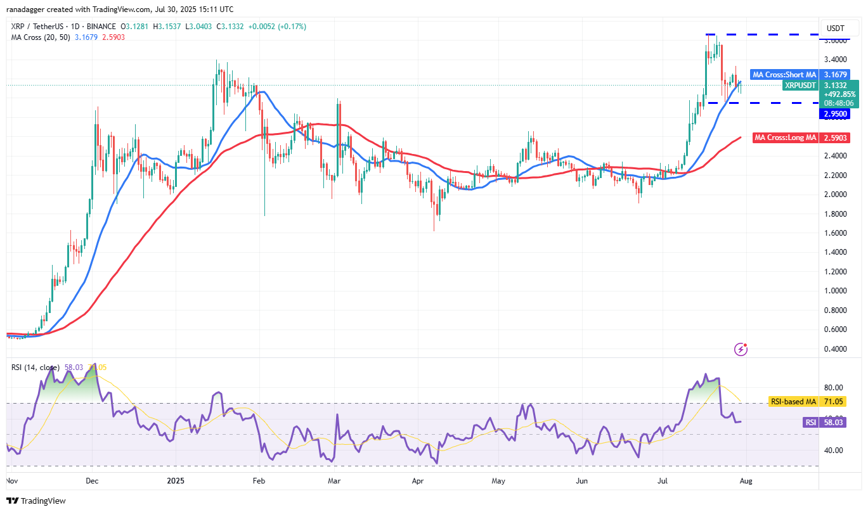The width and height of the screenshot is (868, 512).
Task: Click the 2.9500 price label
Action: tap(835, 114)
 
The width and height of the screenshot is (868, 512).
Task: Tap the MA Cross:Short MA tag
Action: tap(783, 75)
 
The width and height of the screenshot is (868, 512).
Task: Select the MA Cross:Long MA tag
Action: tap(784, 138)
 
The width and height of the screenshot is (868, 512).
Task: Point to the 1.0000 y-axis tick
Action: tap(835, 291)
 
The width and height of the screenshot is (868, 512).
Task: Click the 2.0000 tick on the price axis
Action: tap(835, 194)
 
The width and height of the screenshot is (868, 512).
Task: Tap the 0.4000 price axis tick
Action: tap(835, 349)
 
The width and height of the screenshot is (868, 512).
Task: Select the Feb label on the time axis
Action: tap(258, 481)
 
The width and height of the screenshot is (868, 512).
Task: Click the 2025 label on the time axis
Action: tap(174, 481)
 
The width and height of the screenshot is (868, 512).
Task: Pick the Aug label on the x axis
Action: tap(746, 481)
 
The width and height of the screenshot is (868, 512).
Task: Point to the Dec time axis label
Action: tap(92, 481)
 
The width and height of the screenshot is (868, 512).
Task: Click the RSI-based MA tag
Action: tap(793, 401)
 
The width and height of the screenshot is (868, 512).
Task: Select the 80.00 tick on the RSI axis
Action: tap(833, 388)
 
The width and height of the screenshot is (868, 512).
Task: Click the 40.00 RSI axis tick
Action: tap(833, 451)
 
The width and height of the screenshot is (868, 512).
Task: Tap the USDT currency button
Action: tap(836, 28)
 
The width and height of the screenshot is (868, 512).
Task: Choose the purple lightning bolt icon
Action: tap(741, 349)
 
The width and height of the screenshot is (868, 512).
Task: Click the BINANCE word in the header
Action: tap(101, 27)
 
